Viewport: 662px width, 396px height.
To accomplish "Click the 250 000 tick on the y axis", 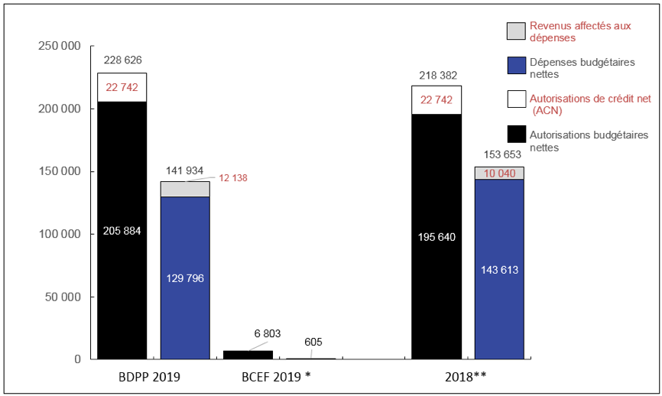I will tap(60, 47).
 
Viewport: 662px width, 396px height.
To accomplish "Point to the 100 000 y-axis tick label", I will tap(60, 235).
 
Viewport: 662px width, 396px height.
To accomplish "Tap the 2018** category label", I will tap(467, 377).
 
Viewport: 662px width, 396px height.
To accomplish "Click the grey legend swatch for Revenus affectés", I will tap(516, 31).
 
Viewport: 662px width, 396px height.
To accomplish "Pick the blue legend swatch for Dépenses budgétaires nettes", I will tap(516, 67).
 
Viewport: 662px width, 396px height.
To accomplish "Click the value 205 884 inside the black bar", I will tap(122, 230).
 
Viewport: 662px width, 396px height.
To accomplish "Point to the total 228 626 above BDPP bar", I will tap(122, 60).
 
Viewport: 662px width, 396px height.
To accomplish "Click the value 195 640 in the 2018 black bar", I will tap(436, 236).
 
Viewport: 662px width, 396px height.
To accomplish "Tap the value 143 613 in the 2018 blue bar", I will tap(498, 269).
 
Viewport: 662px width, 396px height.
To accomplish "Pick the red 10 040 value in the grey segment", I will tap(498, 173).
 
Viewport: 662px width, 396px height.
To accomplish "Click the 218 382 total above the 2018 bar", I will tap(436, 75).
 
